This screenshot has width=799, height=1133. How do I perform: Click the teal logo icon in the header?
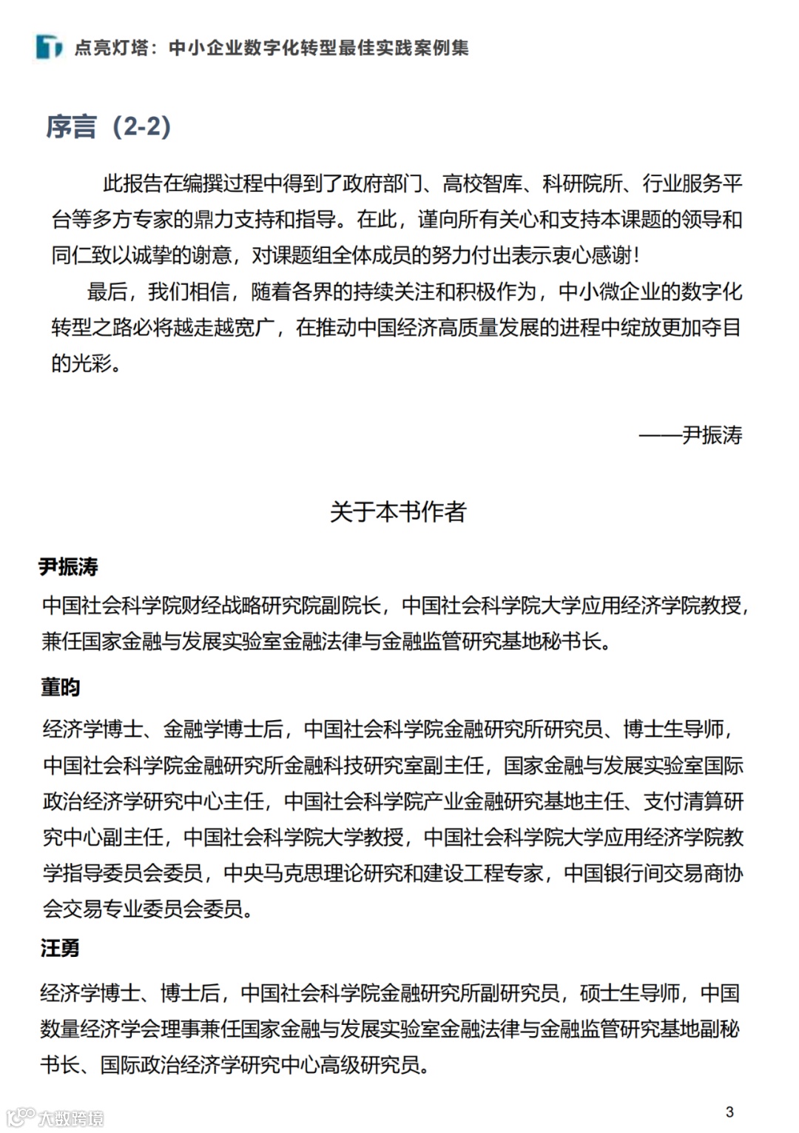(x=49, y=47)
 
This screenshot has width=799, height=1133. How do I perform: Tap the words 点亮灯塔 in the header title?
(x=112, y=48)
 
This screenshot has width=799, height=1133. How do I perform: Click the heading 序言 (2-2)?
(x=109, y=127)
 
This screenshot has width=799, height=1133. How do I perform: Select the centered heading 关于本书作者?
(x=398, y=511)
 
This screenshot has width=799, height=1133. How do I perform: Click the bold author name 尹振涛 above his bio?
(x=69, y=567)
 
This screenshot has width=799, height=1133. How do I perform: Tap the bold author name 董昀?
(x=60, y=687)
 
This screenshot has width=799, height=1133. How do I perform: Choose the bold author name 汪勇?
(x=60, y=948)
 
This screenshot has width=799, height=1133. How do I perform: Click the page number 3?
(x=729, y=1112)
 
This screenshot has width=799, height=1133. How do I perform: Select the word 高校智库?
(x=482, y=184)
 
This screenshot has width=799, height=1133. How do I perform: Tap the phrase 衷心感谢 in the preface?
(x=592, y=255)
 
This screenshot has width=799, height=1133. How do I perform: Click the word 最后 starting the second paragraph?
(x=107, y=292)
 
